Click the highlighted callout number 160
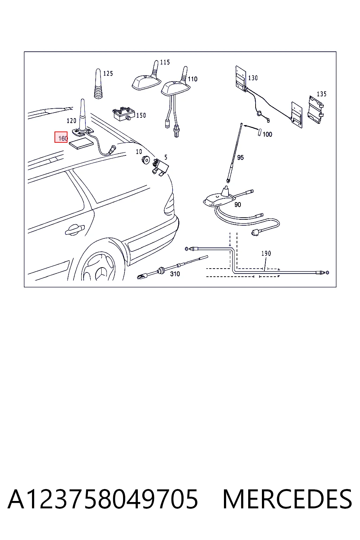63,139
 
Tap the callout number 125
108,73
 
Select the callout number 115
165,63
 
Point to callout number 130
253,78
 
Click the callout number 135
322,94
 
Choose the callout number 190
266,253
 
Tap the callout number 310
175,274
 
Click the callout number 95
240,157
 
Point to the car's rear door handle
75,230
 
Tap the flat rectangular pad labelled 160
81,144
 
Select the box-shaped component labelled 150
124,114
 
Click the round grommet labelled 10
146,160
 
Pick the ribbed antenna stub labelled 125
98,84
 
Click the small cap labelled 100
259,133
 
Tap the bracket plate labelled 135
316,110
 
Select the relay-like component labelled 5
160,166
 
